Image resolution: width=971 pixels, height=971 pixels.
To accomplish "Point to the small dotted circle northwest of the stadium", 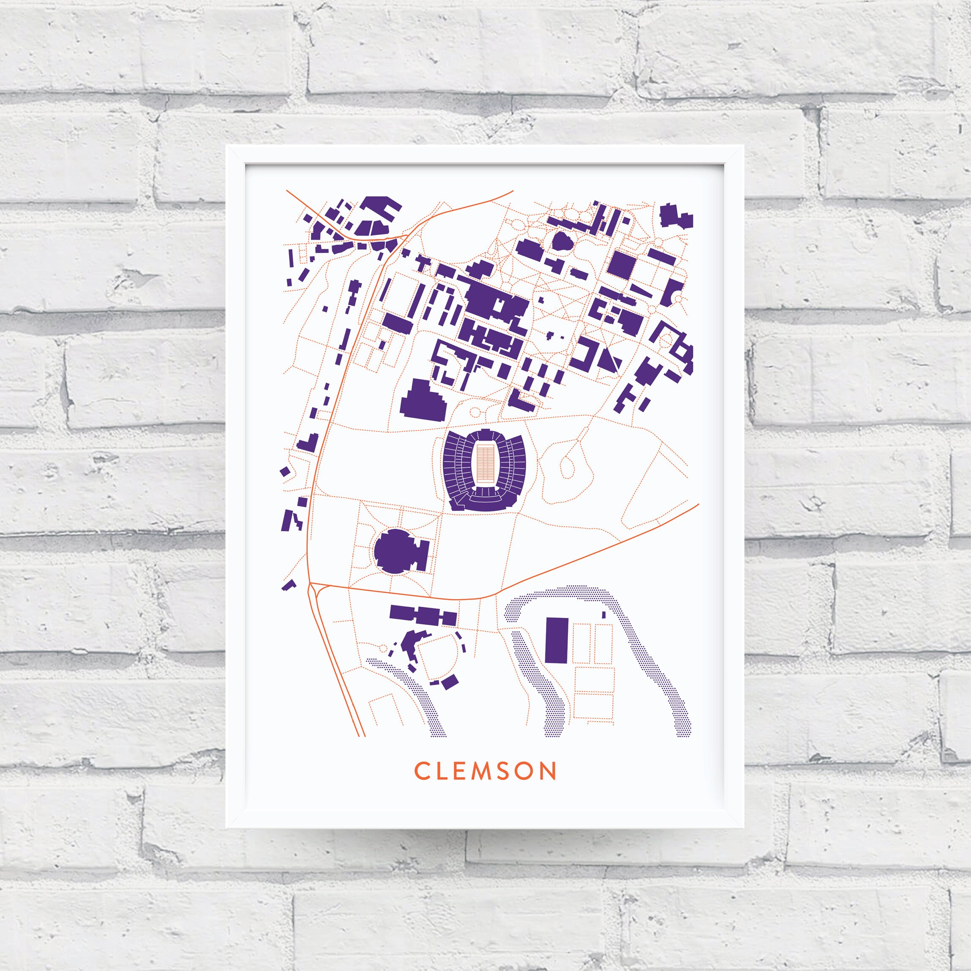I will pyautogui.click(x=474, y=413).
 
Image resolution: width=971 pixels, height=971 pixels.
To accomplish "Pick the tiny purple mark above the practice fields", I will pyautogui.click(x=604, y=614).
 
